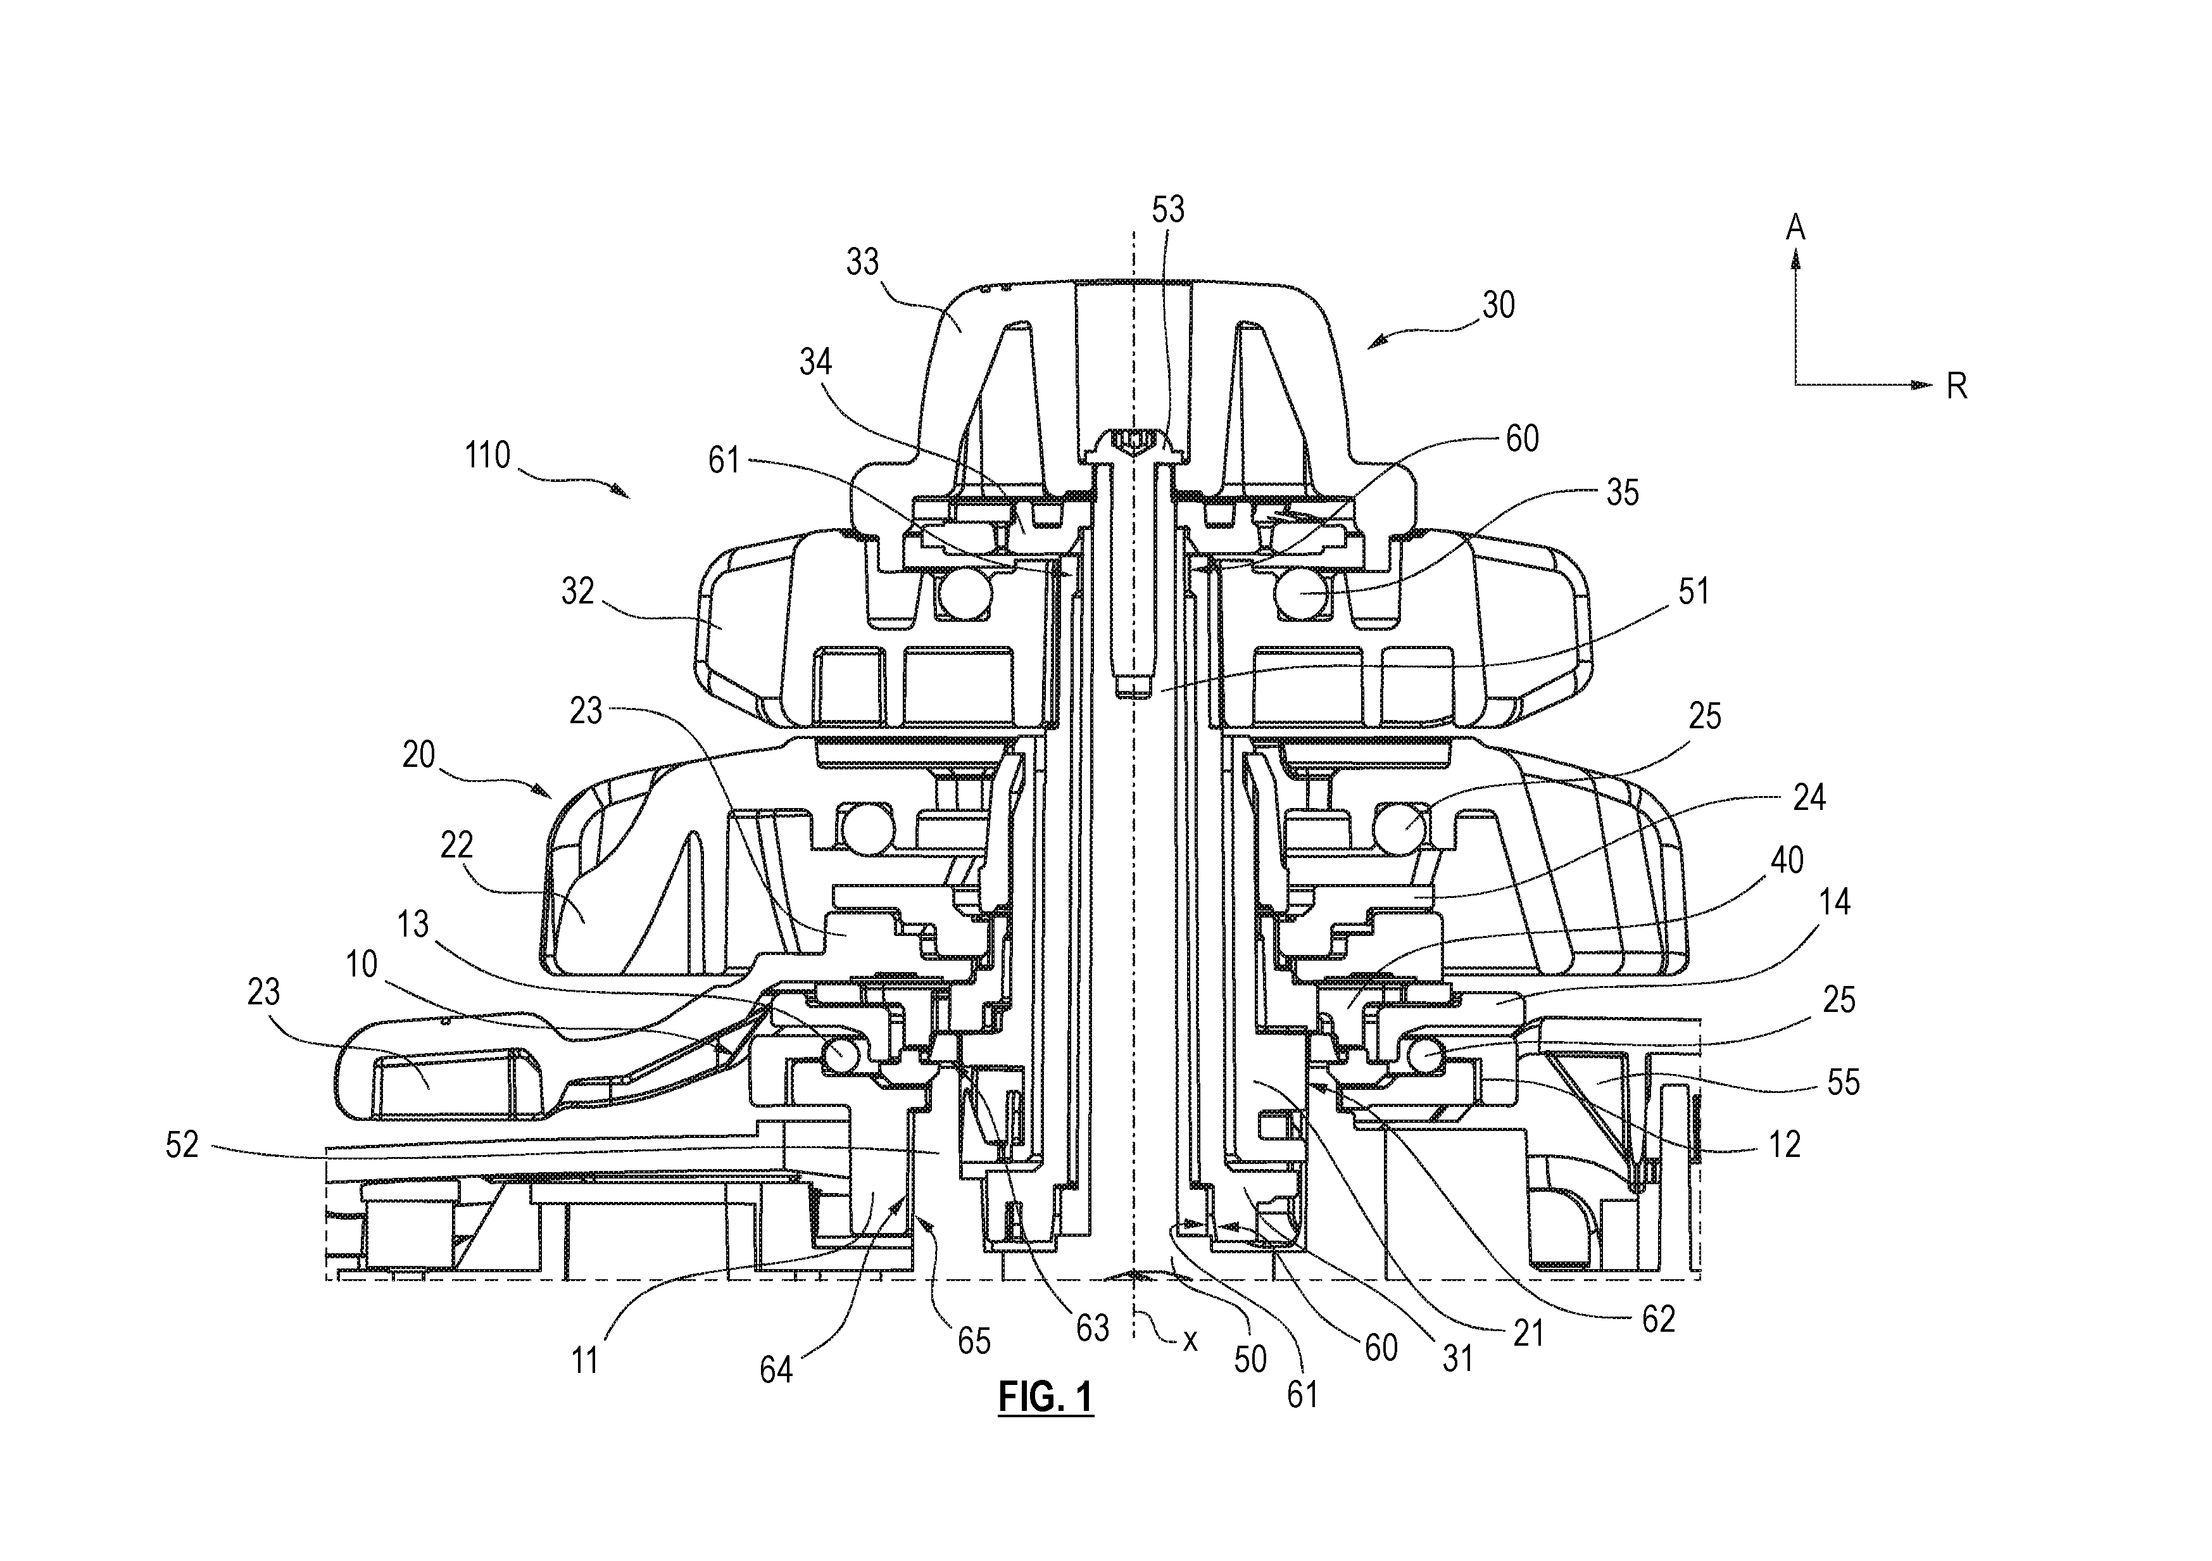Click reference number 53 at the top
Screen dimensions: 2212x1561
1167,209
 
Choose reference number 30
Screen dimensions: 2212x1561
1498,305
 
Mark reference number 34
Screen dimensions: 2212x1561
815,362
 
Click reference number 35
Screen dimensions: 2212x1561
1623,493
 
